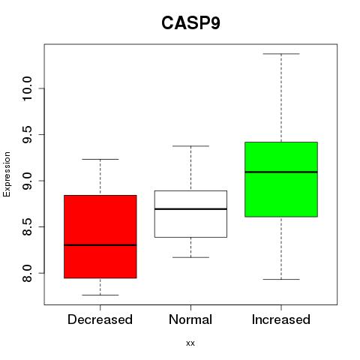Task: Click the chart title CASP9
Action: [x=190, y=23]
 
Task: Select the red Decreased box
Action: [x=100, y=236]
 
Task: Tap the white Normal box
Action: [x=190, y=214]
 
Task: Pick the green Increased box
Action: [x=281, y=179]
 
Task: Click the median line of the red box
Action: [x=100, y=245]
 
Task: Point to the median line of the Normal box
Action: [x=190, y=208]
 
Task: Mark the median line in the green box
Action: [x=281, y=172]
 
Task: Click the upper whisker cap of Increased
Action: [x=281, y=54]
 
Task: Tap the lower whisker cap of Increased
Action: [x=281, y=279]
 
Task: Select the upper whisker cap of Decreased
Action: [x=100, y=159]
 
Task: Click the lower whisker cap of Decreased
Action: [x=100, y=295]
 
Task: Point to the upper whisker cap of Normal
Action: [x=190, y=146]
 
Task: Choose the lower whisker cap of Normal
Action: [x=190, y=257]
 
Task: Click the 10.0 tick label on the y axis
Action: [x=27, y=88]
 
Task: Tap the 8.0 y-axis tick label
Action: [x=27, y=273]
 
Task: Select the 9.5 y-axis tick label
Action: [x=27, y=134]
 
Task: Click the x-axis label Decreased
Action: [x=100, y=319]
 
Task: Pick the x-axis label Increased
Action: [x=281, y=319]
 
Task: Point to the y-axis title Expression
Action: [x=7, y=174]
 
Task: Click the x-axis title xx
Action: [x=190, y=343]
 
